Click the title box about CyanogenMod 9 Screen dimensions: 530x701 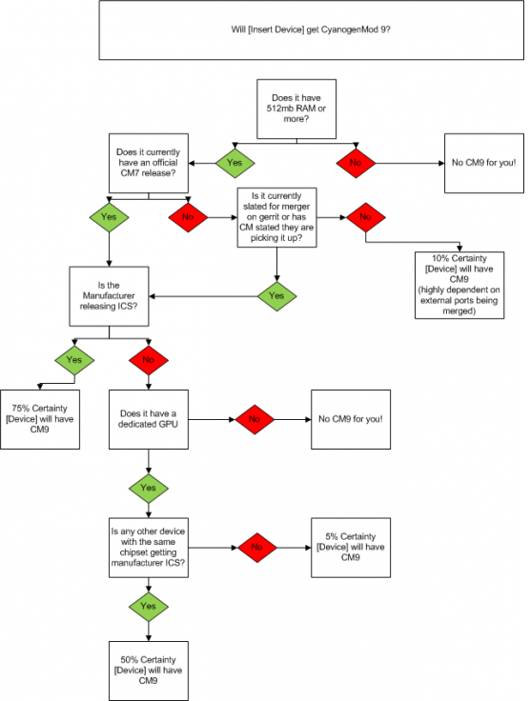point(312,30)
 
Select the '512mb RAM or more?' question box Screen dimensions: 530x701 point(296,110)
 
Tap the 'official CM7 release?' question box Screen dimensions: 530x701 point(149,163)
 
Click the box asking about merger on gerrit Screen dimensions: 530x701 point(276,217)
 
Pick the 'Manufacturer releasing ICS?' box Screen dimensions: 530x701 point(109,296)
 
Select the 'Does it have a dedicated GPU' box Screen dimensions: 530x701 point(149,419)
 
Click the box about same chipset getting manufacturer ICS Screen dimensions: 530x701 point(149,548)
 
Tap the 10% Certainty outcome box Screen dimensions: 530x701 point(459,285)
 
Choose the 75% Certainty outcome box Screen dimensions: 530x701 point(40,419)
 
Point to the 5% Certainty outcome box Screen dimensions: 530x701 point(351,548)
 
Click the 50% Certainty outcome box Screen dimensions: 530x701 point(149,671)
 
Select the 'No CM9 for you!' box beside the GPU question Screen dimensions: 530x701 point(351,419)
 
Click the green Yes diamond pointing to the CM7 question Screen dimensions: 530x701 point(234,163)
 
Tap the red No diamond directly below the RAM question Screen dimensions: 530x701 point(356,163)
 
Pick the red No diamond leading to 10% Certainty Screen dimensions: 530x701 point(366,217)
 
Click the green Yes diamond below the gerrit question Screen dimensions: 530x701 point(276,296)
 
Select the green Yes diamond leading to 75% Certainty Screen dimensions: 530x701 point(74,360)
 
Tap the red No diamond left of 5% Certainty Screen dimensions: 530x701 point(257,548)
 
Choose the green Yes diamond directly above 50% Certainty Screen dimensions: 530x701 point(149,607)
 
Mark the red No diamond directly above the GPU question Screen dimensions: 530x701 point(149,360)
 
